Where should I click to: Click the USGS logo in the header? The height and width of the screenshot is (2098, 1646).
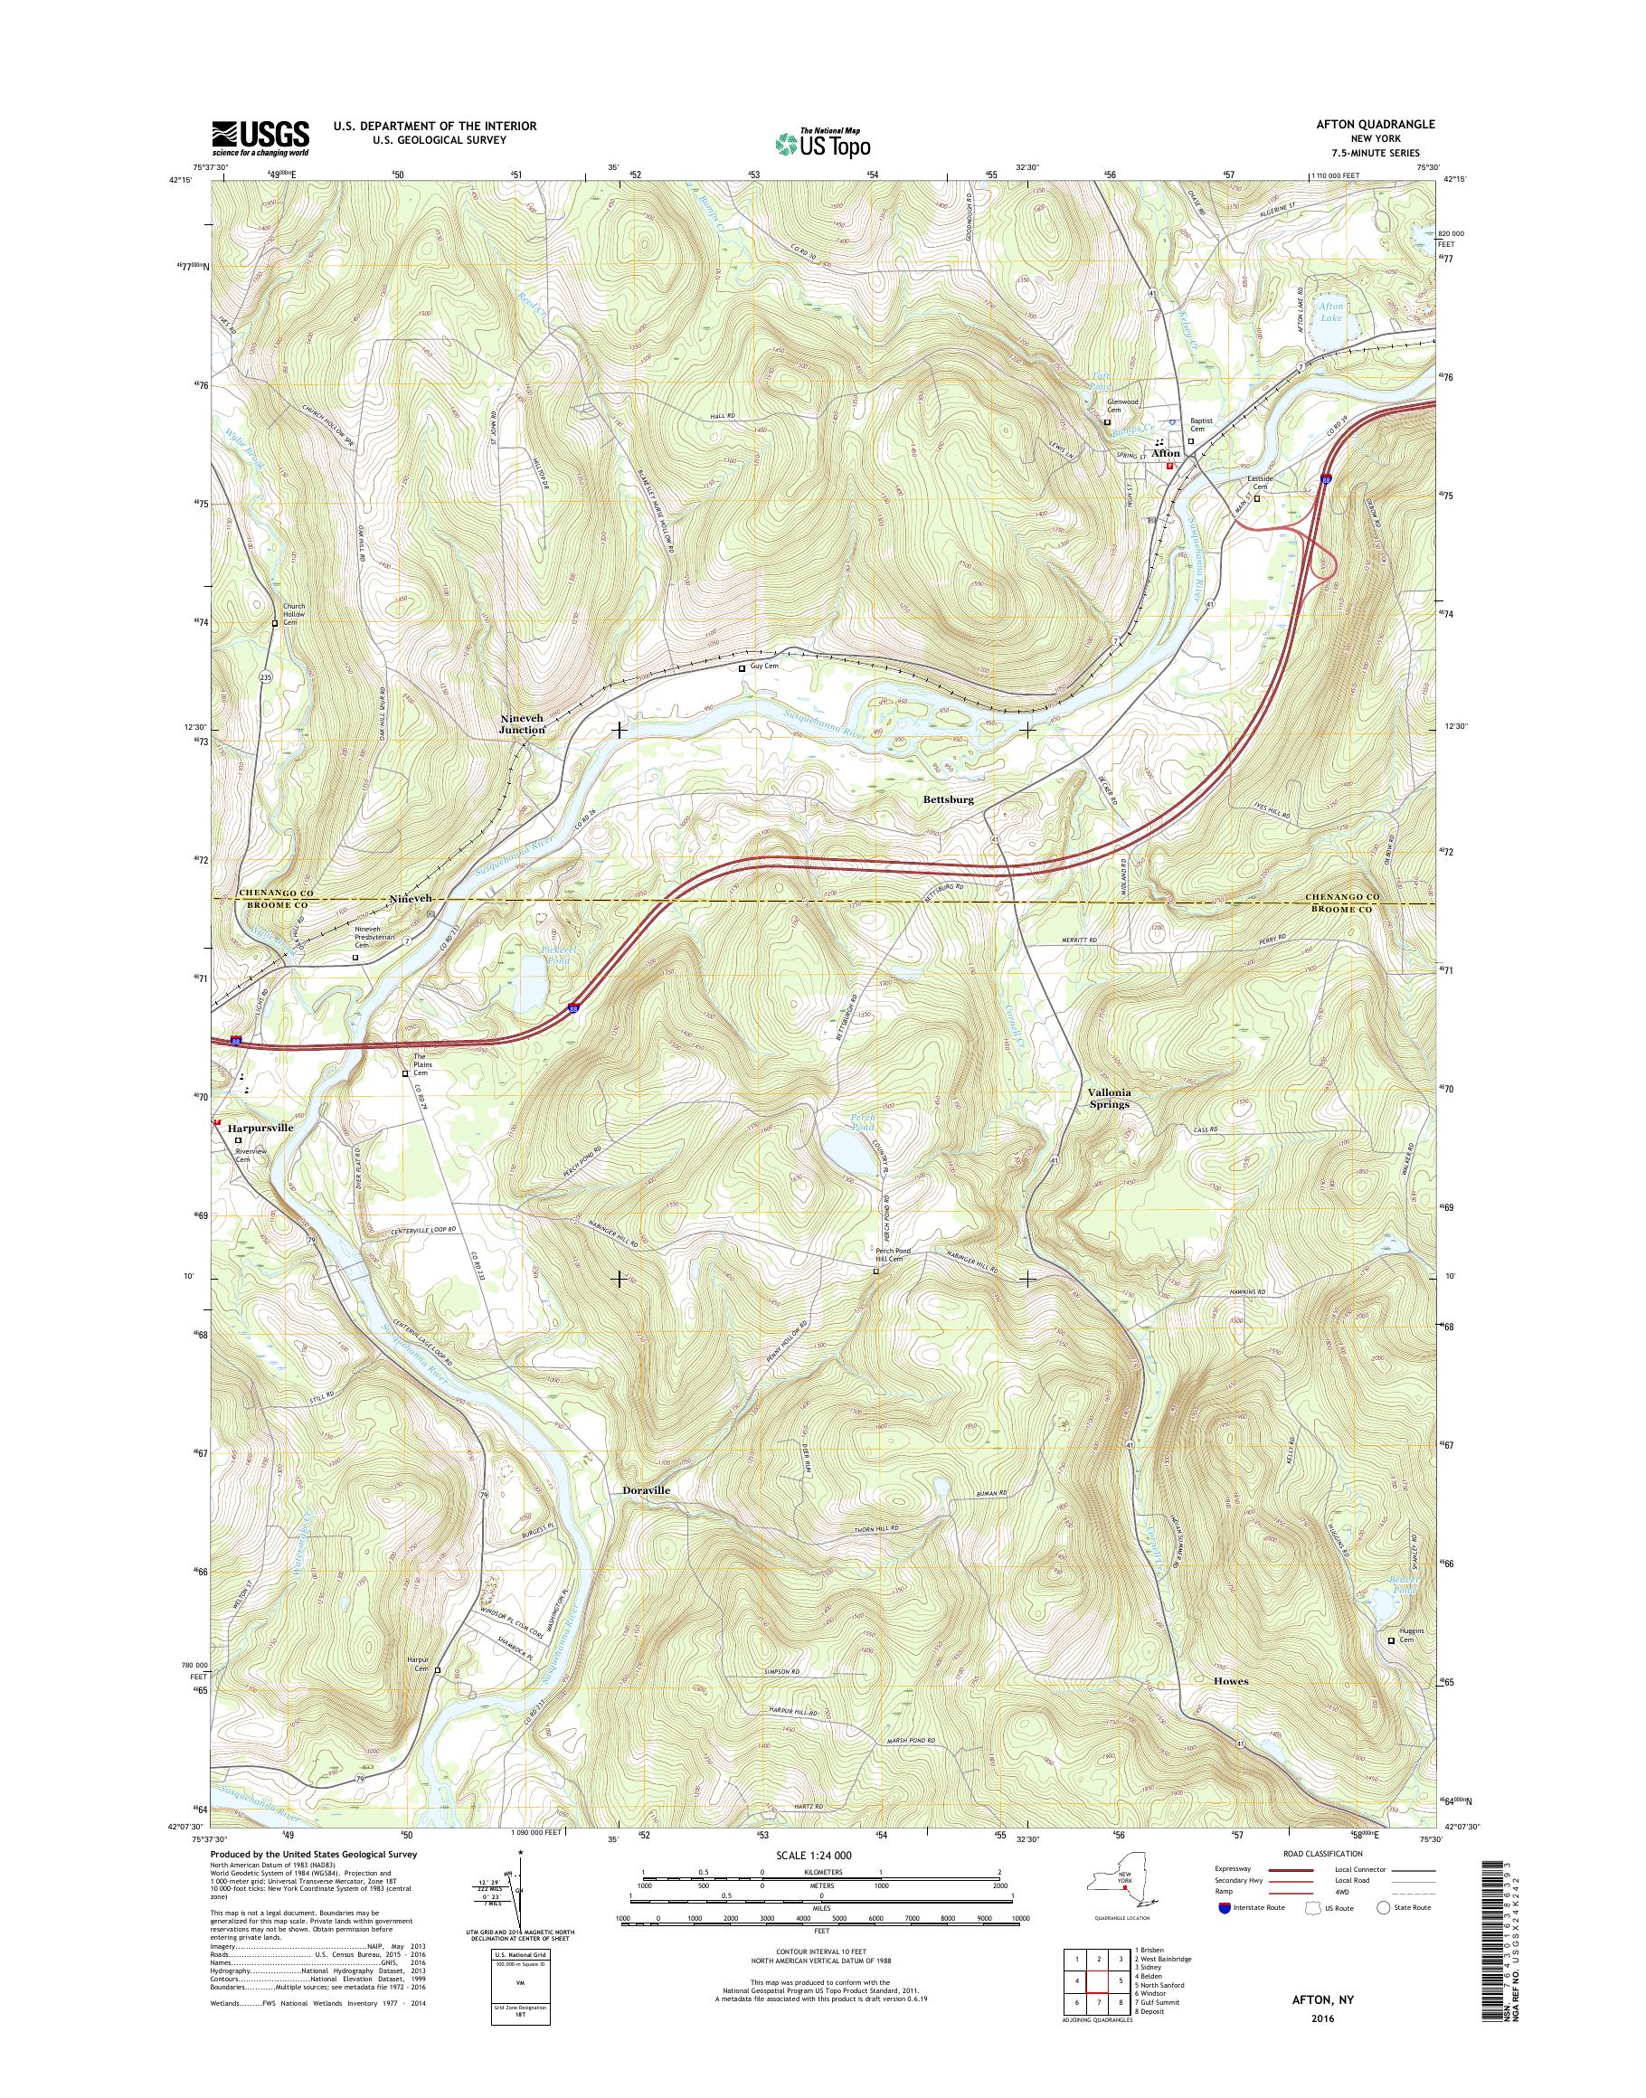tap(260, 137)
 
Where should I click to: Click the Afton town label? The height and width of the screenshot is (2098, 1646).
tap(1165, 452)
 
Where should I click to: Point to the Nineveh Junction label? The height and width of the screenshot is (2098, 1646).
tap(523, 724)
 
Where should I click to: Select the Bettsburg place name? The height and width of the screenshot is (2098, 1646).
tap(949, 800)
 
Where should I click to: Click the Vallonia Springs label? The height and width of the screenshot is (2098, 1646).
tap(1108, 1099)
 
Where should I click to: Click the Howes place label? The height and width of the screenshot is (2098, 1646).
tap(1231, 1681)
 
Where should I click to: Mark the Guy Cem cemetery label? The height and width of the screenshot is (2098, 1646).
tap(764, 666)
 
